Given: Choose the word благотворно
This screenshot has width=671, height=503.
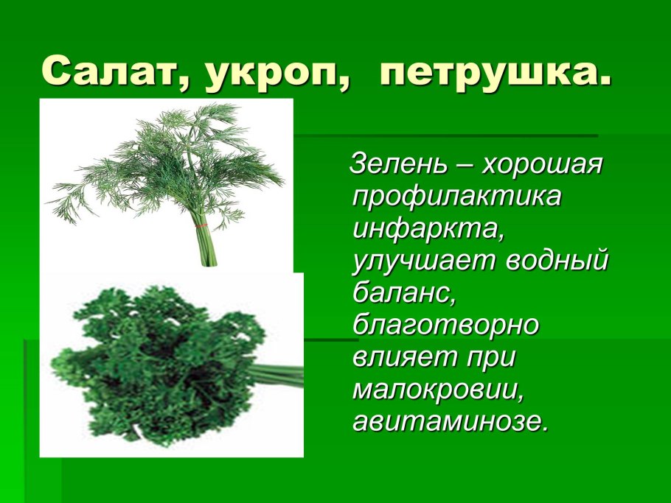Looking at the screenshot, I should [x=445, y=325].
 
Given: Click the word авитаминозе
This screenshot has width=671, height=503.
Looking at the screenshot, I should [x=451, y=422].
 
